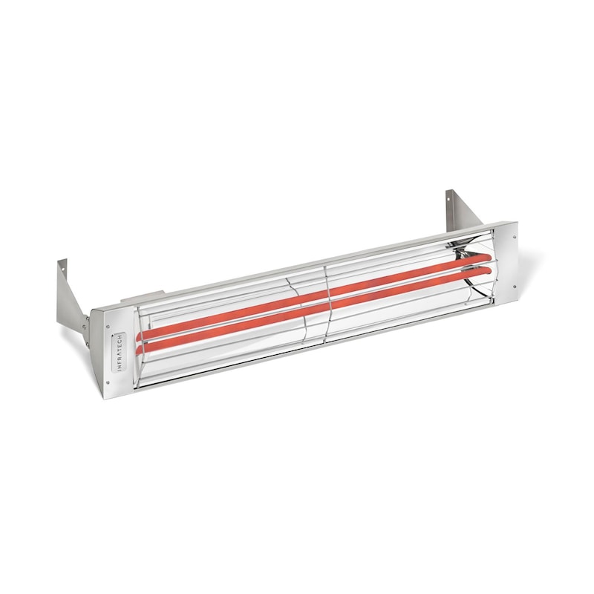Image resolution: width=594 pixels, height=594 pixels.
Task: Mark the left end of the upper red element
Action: [x=141, y=335]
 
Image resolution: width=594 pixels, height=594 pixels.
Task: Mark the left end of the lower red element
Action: [x=141, y=347]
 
